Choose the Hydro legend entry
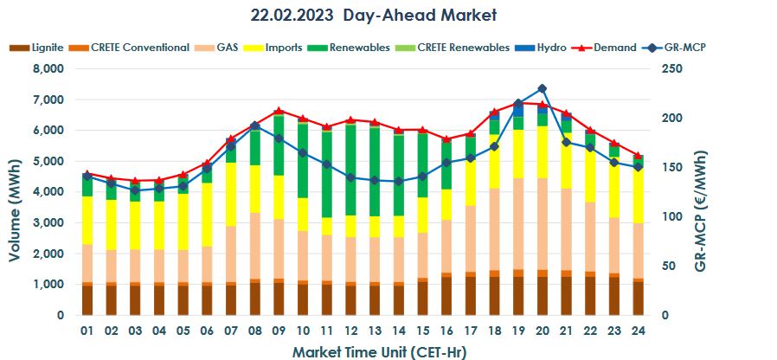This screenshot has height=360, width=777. (x=546, y=48)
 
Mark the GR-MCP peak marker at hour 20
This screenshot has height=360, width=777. (x=542, y=88)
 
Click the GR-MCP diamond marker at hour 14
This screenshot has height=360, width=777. (x=398, y=182)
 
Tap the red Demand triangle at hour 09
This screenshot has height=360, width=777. (x=278, y=111)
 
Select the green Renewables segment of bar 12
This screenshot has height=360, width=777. (x=350, y=170)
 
